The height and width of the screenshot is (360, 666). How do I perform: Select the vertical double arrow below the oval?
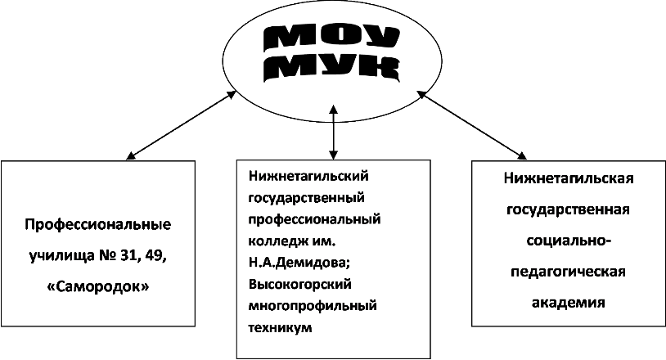[334, 132]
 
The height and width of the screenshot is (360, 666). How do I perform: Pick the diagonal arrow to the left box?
[182, 125]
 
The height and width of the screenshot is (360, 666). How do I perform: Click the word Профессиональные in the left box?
[97, 224]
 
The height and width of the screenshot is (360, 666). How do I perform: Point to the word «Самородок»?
[97, 287]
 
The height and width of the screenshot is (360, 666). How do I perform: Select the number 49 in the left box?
[154, 256]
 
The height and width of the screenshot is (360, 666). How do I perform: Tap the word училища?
[61, 257]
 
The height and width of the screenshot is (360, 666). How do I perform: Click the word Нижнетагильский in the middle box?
[308, 175]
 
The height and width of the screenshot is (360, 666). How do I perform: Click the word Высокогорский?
[300, 285]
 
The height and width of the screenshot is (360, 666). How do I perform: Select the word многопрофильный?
[313, 306]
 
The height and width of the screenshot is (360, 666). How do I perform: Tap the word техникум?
[280, 328]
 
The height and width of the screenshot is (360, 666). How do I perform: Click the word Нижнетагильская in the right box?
[569, 178]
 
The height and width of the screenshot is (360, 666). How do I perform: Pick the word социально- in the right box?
[569, 241]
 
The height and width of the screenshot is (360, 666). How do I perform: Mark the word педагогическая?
[569, 272]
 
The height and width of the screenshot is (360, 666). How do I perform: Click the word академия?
[569, 303]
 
